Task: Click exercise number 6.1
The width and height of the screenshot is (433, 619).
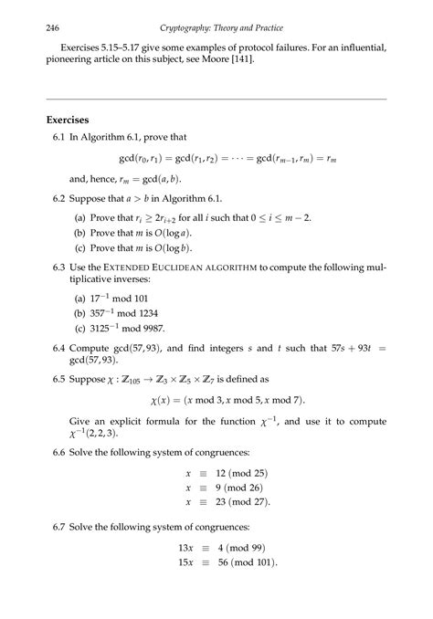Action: point(58,137)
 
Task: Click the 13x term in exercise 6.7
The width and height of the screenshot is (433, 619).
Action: point(185,547)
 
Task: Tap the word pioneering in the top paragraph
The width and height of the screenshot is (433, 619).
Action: point(79,60)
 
